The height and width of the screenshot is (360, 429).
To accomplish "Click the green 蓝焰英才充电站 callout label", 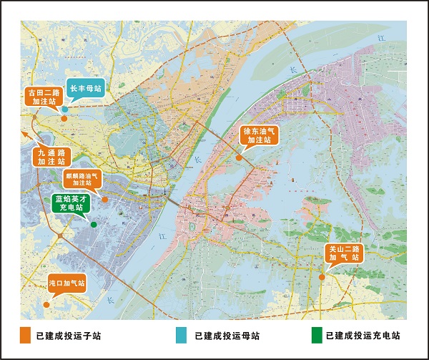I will pyautogui.click(x=71, y=203).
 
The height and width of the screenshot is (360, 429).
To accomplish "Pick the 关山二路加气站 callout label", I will pyautogui.click(x=344, y=255).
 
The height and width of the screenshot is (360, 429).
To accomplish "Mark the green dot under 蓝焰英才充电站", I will pyautogui.click(x=94, y=224).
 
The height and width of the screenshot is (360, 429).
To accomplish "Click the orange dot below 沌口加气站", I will pyautogui.click(x=46, y=305).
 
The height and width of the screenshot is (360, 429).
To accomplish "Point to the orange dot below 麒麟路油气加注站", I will pyautogui.click(x=104, y=200).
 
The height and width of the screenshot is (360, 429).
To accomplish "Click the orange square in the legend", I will pyautogui.click(x=26, y=335).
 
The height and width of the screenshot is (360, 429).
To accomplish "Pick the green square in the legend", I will pyautogui.click(x=316, y=335).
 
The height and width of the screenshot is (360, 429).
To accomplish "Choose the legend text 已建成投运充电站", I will pyautogui.click(x=363, y=335).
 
